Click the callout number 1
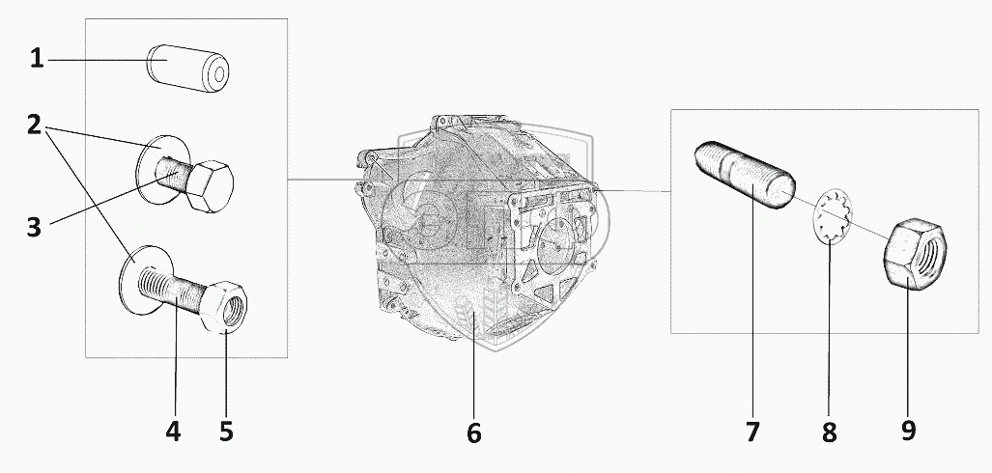point(37,60)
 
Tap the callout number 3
point(36,228)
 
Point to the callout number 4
point(173,431)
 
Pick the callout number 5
point(225,431)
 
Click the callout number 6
point(473,433)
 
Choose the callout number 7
point(753,431)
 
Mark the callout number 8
point(829,431)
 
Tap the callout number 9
point(907,430)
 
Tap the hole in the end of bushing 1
point(220,74)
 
